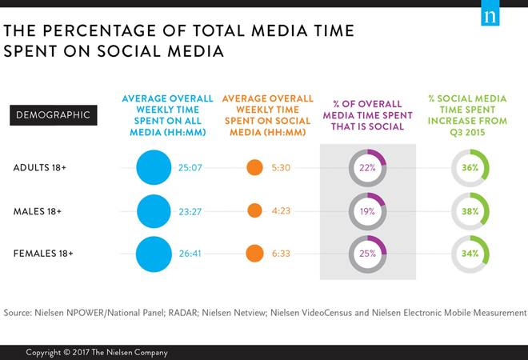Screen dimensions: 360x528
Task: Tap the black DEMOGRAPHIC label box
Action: coord(54,114)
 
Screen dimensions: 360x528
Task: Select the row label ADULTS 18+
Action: coord(41,168)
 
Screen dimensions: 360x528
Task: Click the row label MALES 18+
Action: coord(38,211)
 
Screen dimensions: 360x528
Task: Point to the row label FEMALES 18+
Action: coord(43,254)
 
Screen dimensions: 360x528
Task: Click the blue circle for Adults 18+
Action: coord(154,168)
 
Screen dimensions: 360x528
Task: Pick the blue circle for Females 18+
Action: coord(154,254)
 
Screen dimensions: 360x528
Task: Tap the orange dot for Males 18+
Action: coord(254,211)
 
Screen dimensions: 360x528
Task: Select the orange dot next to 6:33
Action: coord(254,254)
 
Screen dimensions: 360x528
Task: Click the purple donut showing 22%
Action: coord(368,168)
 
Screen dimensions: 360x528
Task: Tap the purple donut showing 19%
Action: coord(368,211)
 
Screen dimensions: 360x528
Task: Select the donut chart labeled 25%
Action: coord(368,254)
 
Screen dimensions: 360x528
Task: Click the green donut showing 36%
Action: coord(470,168)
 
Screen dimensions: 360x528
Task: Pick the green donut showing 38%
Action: coord(470,211)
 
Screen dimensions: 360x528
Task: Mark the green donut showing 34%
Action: coord(470,254)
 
